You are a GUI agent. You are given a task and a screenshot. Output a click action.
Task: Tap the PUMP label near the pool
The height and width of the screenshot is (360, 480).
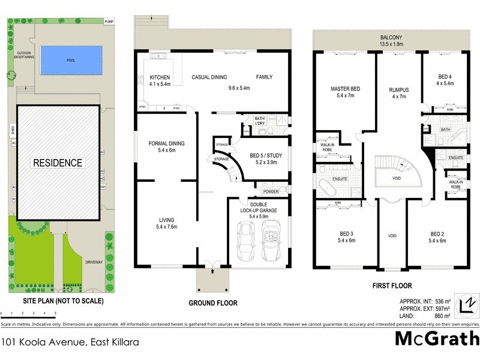[109, 22]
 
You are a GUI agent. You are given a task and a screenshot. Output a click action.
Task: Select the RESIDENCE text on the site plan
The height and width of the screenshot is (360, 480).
[58, 163]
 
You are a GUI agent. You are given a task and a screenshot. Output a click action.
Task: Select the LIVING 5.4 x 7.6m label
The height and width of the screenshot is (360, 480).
[166, 224]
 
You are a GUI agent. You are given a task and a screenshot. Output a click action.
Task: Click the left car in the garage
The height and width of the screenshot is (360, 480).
[246, 239]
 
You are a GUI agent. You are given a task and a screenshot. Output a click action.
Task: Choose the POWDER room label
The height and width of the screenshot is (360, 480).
[271, 192]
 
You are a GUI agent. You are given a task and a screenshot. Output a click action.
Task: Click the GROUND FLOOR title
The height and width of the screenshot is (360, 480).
[212, 303]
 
